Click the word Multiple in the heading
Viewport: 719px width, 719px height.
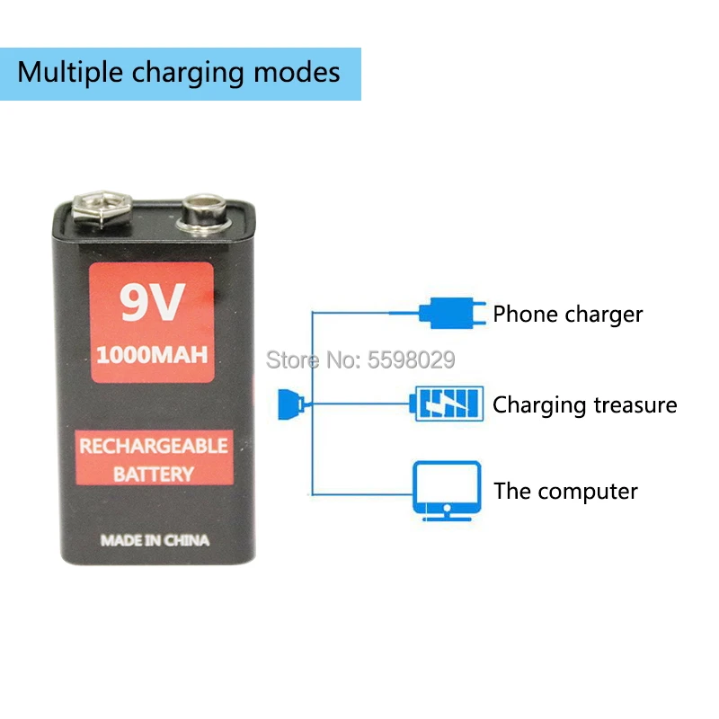point(69,73)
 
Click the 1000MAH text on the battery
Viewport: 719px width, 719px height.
point(152,354)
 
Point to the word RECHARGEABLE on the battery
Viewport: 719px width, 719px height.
point(154,446)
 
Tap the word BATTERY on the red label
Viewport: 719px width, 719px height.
point(154,474)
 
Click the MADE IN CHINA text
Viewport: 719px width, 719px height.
point(155,541)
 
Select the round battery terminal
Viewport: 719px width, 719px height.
point(204,214)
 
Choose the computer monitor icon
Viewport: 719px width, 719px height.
point(447,490)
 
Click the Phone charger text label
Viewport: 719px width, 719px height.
point(568,315)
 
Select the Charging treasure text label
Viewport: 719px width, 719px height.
point(584,404)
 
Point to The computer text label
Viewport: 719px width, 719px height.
point(565,492)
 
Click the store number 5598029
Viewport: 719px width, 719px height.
point(413,360)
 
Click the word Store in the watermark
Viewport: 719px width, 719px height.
point(292,360)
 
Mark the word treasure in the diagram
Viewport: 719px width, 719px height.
point(635,404)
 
